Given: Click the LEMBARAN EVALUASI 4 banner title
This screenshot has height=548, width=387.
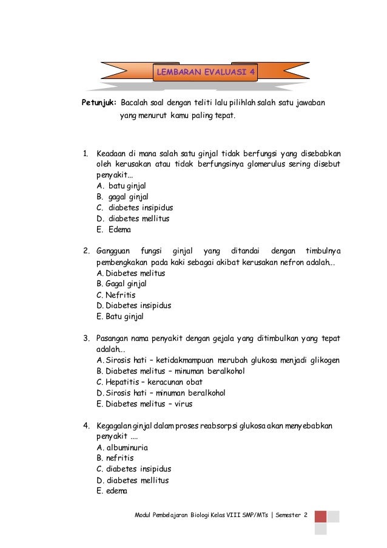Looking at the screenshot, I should coord(206,73).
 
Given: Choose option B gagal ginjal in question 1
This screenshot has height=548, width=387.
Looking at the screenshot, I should coord(122,197).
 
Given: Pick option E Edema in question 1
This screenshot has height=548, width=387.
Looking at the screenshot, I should coord(113,230).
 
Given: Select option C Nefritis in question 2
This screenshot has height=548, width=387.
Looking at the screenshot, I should coord(116,295).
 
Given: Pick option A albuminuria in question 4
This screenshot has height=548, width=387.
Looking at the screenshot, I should coord(122,447).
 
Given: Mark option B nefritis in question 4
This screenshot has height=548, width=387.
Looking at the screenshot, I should coord(115,458).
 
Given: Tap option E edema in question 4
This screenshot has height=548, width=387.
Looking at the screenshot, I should coord(113,491).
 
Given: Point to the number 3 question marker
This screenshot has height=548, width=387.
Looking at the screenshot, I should coord(86,338).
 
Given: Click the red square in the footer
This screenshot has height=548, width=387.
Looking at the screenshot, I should coord(320,516).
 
